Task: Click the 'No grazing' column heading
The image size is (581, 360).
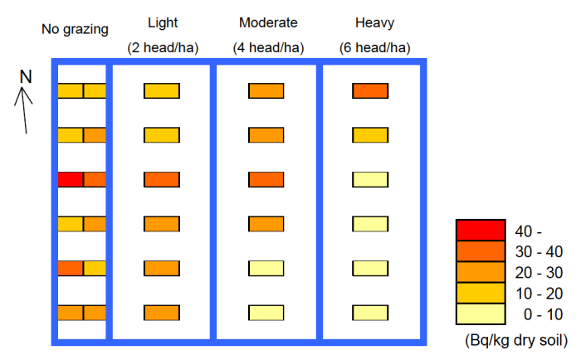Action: pyautogui.click(x=75, y=30)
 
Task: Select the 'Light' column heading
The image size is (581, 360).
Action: pyautogui.click(x=162, y=22)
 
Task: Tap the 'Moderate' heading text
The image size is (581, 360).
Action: pyautogui.click(x=267, y=22)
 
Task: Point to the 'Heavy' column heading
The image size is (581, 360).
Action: pyautogui.click(x=370, y=22)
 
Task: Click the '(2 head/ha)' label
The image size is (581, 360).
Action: pyautogui.click(x=162, y=48)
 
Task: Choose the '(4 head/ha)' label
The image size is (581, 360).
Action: pyautogui.click(x=267, y=48)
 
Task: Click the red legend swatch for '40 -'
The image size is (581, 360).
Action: pyautogui.click(x=481, y=230)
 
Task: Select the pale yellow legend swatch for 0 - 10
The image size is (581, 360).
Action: pyautogui.click(x=481, y=314)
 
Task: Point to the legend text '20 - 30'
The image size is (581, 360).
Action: pyautogui.click(x=539, y=272)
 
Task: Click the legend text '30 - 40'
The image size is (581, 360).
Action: pyautogui.click(x=539, y=251)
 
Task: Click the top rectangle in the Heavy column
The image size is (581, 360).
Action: pyautogui.click(x=370, y=91)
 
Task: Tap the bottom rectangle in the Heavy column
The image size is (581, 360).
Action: pyautogui.click(x=370, y=313)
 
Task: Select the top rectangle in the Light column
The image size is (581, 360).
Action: pyautogui.click(x=162, y=91)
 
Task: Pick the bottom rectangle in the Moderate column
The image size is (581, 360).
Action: pyautogui.click(x=266, y=313)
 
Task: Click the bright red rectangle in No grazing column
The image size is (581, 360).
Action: pyautogui.click(x=71, y=179)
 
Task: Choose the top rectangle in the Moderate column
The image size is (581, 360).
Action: pyautogui.click(x=266, y=91)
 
